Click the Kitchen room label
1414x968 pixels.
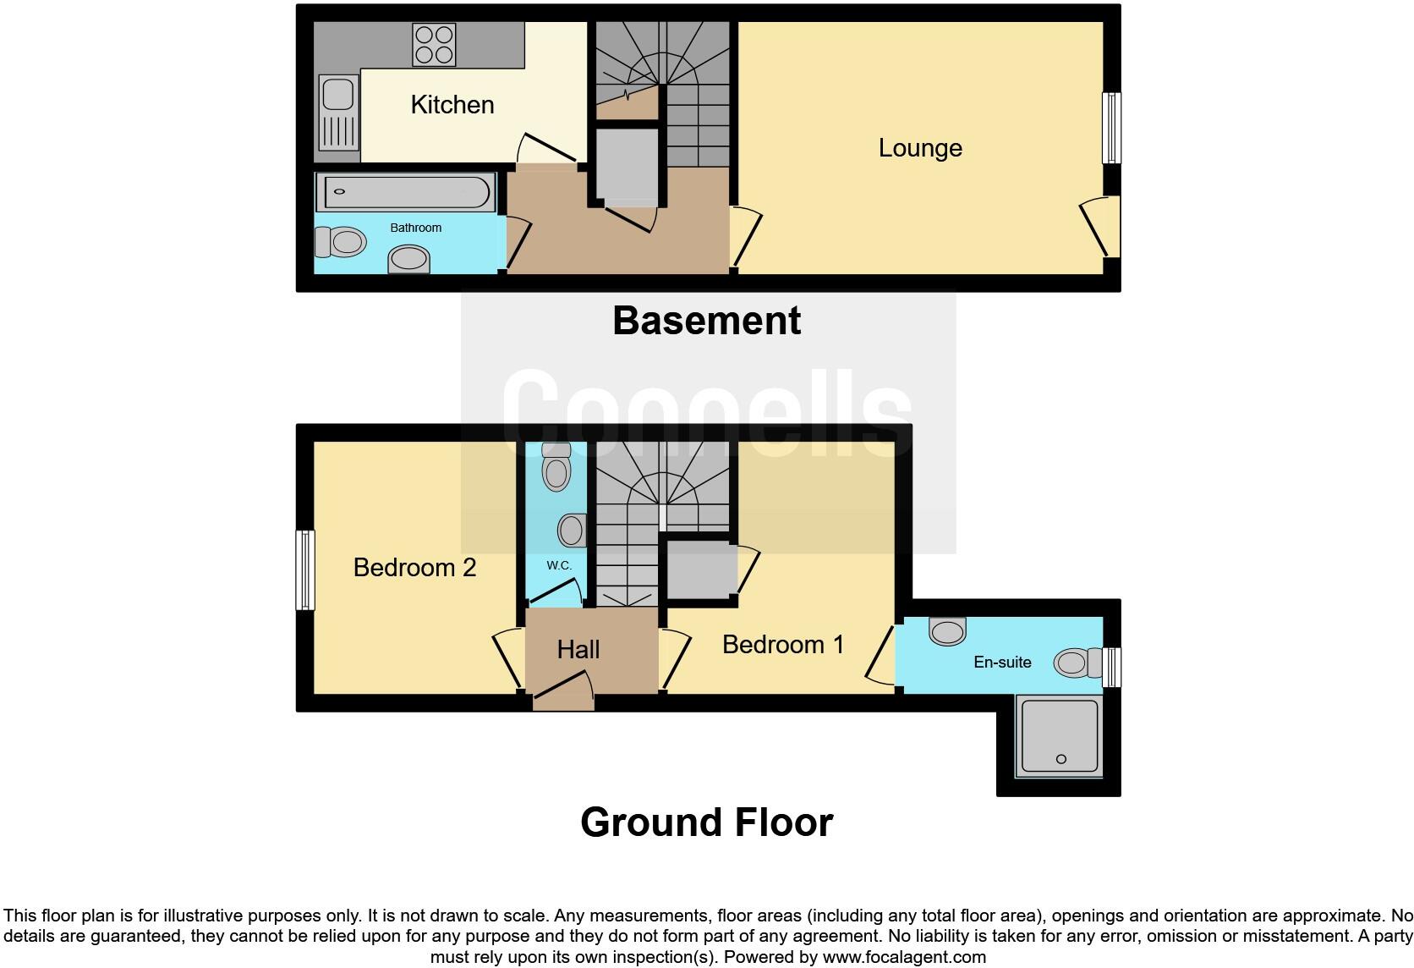(x=452, y=105)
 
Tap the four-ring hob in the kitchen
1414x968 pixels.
(x=434, y=45)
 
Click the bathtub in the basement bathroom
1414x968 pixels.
(x=405, y=192)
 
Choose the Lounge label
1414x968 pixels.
(x=920, y=148)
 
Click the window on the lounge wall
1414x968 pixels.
(x=1112, y=128)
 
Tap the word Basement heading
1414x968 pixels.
(x=706, y=321)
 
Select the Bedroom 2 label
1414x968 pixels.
(x=414, y=567)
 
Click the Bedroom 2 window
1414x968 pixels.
(x=305, y=569)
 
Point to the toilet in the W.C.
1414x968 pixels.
(x=556, y=466)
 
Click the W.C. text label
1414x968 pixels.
(x=559, y=565)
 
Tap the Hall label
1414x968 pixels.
(x=578, y=650)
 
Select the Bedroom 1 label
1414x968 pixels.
(x=783, y=645)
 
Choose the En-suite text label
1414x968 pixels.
(x=1002, y=663)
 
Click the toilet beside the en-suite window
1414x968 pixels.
(x=1071, y=663)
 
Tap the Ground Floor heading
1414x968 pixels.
(x=706, y=822)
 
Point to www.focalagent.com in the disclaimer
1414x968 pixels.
(x=904, y=958)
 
